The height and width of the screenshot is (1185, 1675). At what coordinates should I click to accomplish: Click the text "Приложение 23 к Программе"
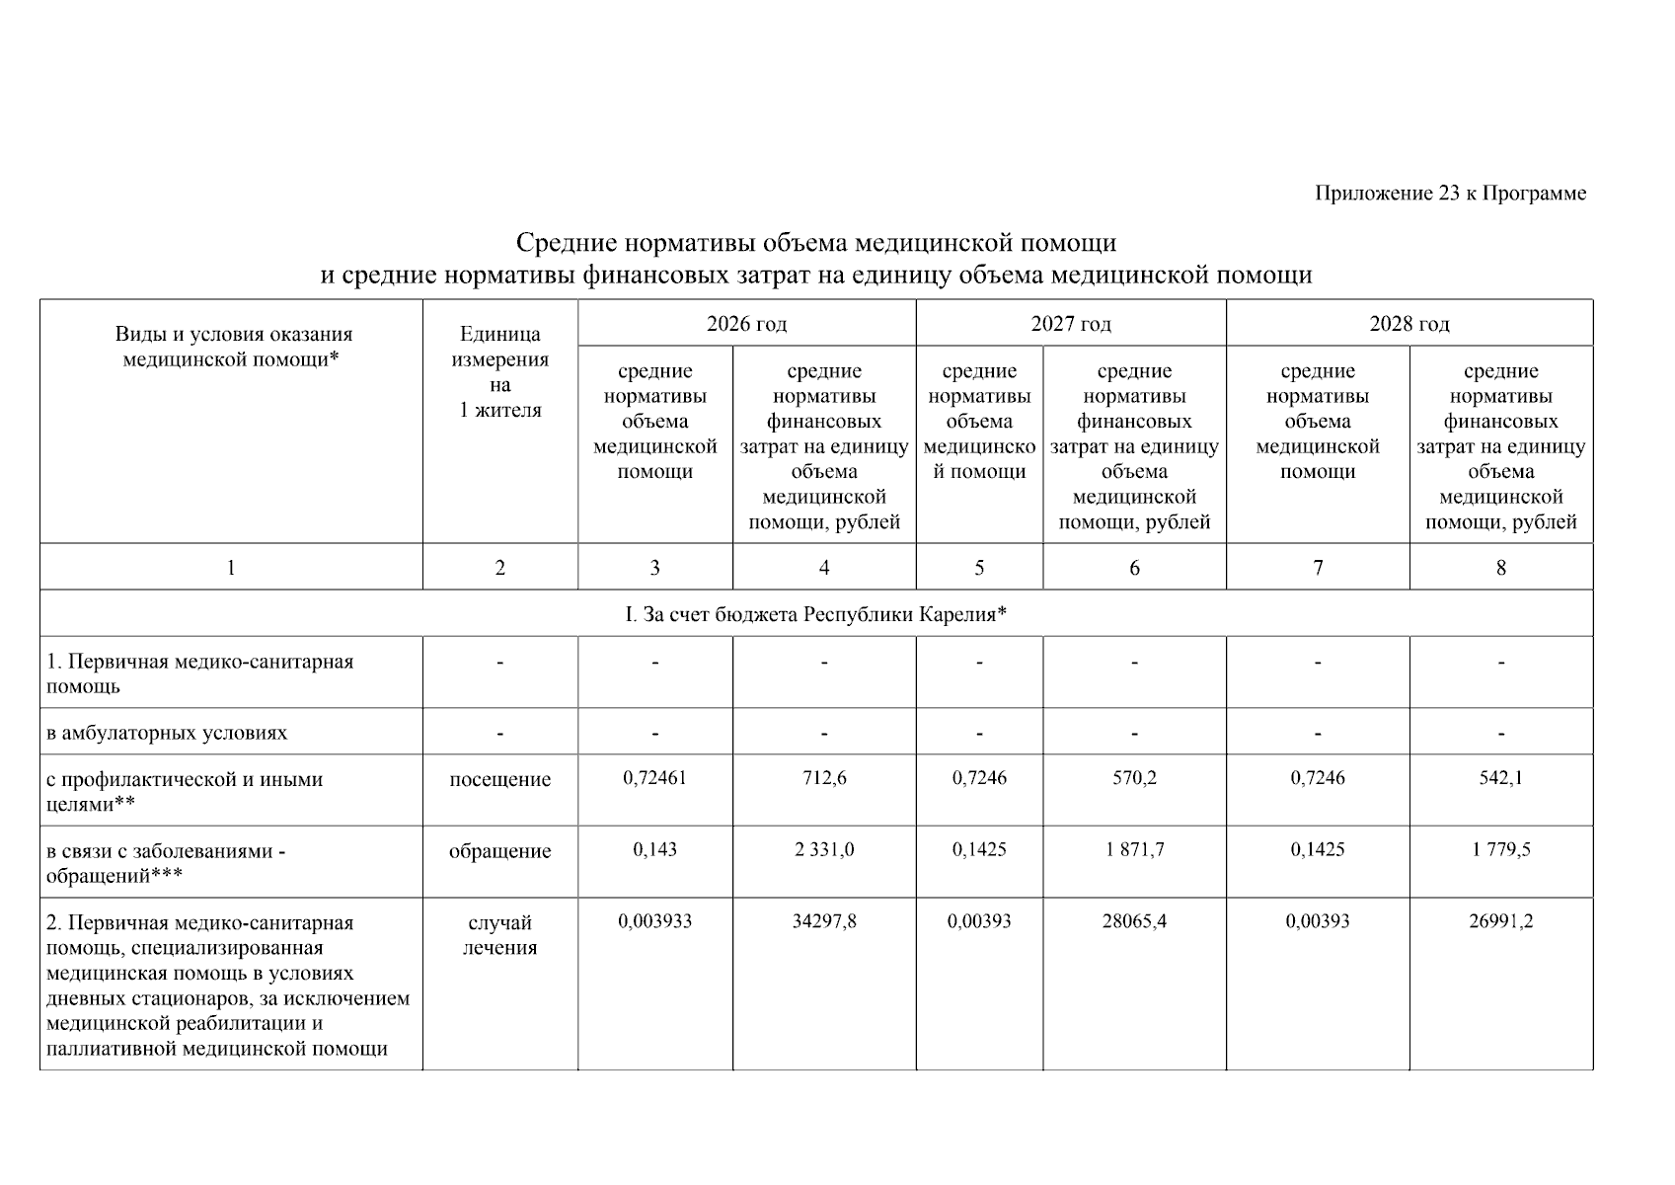[x=1450, y=194]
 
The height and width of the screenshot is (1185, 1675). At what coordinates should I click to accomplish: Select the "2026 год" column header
[x=746, y=324]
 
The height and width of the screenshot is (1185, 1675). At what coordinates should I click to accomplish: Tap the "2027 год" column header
[x=1071, y=324]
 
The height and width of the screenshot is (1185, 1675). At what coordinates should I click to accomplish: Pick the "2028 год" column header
[x=1409, y=324]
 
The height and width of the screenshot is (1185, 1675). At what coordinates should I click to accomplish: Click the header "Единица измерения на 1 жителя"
[x=499, y=372]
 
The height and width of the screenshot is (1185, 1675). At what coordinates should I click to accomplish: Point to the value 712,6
[x=824, y=778]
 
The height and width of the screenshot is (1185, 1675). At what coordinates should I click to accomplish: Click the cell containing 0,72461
[x=654, y=778]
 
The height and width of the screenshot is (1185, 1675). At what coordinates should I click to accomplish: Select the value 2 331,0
[x=824, y=849]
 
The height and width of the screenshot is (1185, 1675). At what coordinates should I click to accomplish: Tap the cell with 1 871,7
[x=1134, y=849]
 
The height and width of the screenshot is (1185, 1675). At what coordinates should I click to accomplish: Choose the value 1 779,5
[x=1500, y=849]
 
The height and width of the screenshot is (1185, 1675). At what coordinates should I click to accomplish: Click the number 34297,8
[x=824, y=921]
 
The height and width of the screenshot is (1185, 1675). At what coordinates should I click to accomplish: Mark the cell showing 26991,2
[x=1500, y=921]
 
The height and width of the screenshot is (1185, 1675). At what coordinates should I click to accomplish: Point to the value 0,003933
[x=654, y=921]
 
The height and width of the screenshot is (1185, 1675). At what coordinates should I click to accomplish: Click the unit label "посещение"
[x=499, y=780]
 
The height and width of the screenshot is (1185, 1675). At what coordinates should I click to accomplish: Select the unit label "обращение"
[x=499, y=851]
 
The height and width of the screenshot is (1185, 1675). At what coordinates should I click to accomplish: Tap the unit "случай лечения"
[x=499, y=935]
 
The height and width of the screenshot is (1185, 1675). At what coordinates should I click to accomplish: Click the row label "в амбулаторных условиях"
[x=167, y=733]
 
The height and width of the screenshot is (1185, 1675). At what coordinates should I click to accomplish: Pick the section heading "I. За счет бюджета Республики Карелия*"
[x=815, y=614]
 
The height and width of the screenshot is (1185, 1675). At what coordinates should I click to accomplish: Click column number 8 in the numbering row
[x=1500, y=568]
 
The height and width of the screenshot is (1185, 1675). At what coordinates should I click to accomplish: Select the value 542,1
[x=1500, y=778]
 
